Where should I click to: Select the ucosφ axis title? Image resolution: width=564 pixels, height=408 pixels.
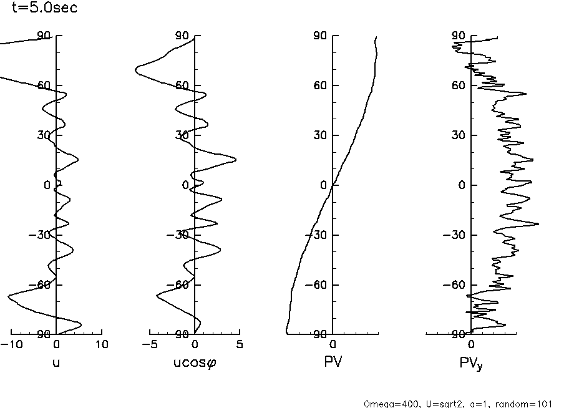[x=195, y=361]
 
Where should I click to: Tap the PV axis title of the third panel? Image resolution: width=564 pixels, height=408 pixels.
[x=333, y=361]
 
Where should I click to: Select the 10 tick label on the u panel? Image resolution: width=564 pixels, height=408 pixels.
[x=102, y=344]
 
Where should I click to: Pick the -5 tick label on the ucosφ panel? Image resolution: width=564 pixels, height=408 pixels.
[x=150, y=344]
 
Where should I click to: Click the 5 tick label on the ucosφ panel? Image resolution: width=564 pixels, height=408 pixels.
[x=240, y=344]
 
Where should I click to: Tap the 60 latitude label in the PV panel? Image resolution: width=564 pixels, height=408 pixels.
[x=321, y=85]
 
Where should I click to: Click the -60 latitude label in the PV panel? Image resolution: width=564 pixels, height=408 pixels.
[x=318, y=285]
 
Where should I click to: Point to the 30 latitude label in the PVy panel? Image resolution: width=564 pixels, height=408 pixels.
[x=460, y=135]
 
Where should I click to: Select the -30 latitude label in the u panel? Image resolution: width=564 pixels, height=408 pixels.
[x=41, y=235]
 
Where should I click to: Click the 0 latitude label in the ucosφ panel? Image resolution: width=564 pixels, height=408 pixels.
[x=185, y=185]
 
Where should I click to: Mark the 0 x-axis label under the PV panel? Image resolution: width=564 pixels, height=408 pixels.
[x=333, y=344]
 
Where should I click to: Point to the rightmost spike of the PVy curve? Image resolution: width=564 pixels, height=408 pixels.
[x=538, y=223]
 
